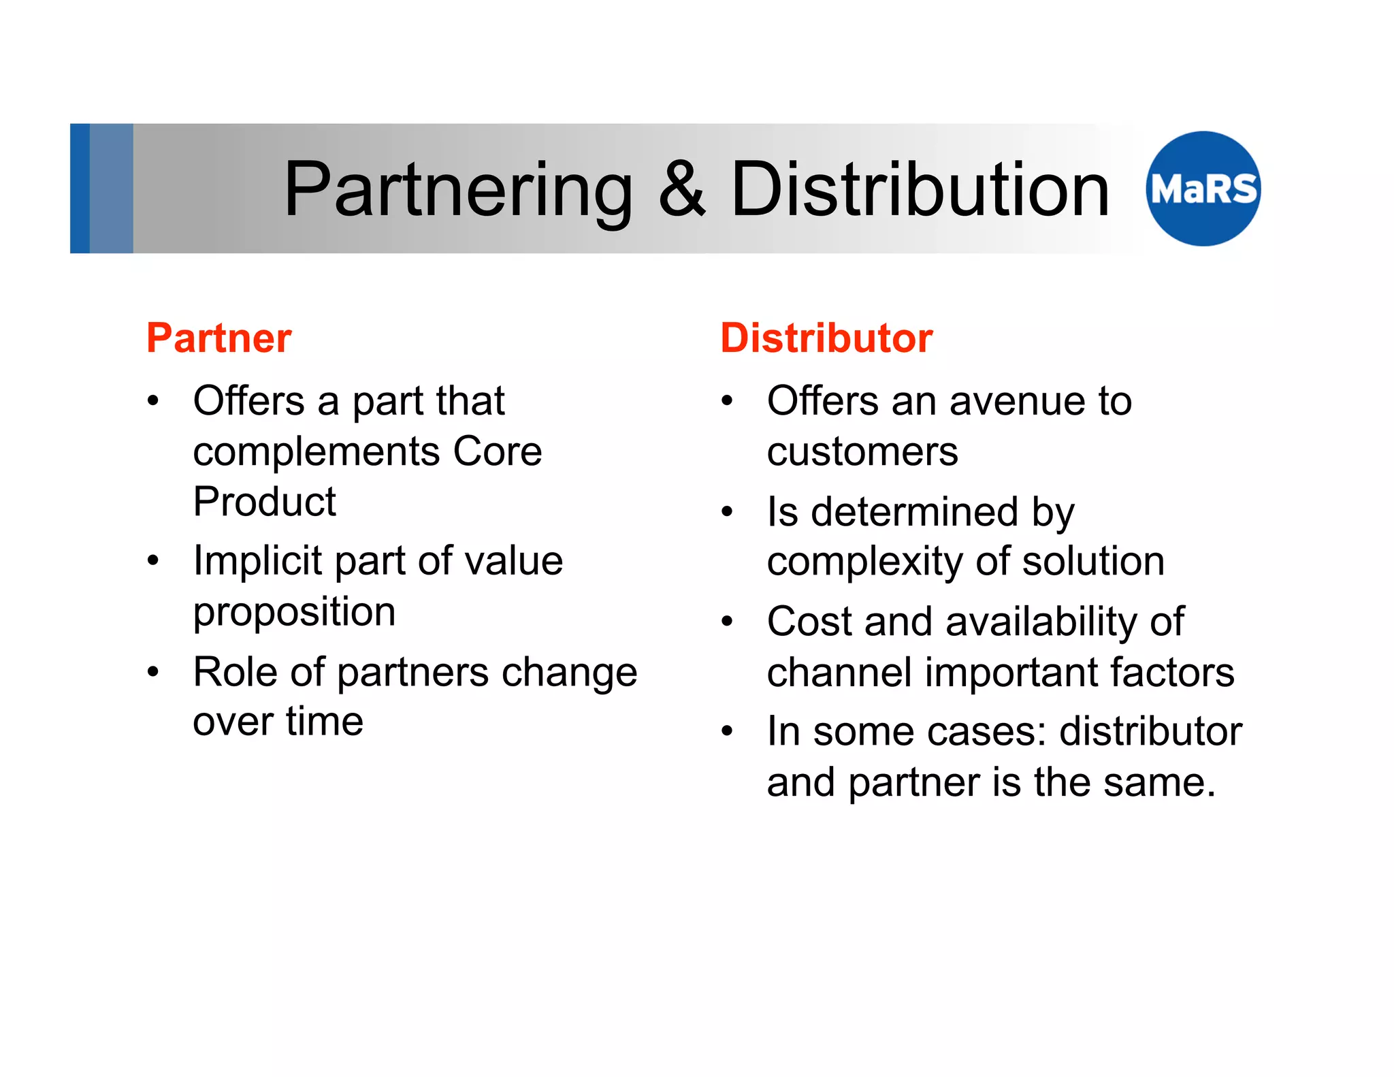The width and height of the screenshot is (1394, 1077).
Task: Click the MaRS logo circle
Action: coord(1203,189)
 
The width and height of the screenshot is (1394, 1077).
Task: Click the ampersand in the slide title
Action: coord(681,189)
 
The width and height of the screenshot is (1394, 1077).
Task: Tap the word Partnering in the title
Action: coord(458,191)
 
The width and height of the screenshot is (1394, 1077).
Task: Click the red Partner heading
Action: coord(219,338)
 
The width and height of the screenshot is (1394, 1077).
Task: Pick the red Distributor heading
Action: coord(826,338)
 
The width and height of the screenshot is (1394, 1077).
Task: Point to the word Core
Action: coord(498,451)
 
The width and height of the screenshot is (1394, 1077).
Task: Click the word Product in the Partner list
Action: coord(264,502)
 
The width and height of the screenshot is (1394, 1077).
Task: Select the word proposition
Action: coord(294,612)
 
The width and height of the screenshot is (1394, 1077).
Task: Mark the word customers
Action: coord(862,451)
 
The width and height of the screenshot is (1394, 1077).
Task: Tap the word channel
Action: coord(839,672)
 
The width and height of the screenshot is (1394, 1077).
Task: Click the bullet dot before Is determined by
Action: coord(728,511)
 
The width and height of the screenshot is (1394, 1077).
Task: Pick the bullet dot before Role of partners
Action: coord(153,672)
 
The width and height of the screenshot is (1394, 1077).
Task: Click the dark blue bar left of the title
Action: coord(80,189)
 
